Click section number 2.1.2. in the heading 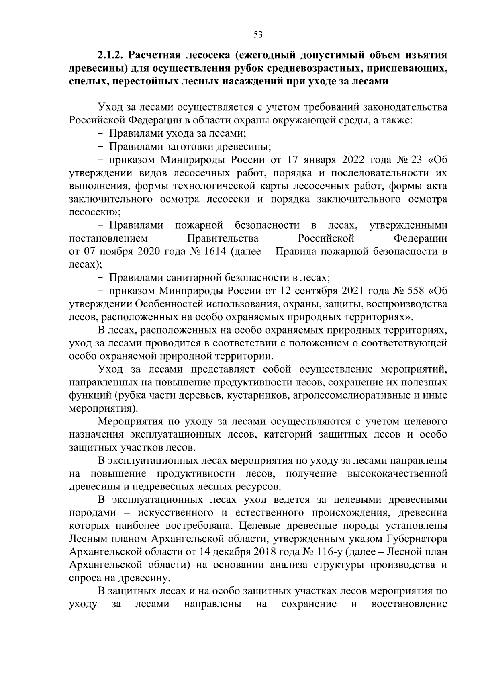point(112,55)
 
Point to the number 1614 point(214,252)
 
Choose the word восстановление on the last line point(409,604)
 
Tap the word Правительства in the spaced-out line point(223,239)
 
